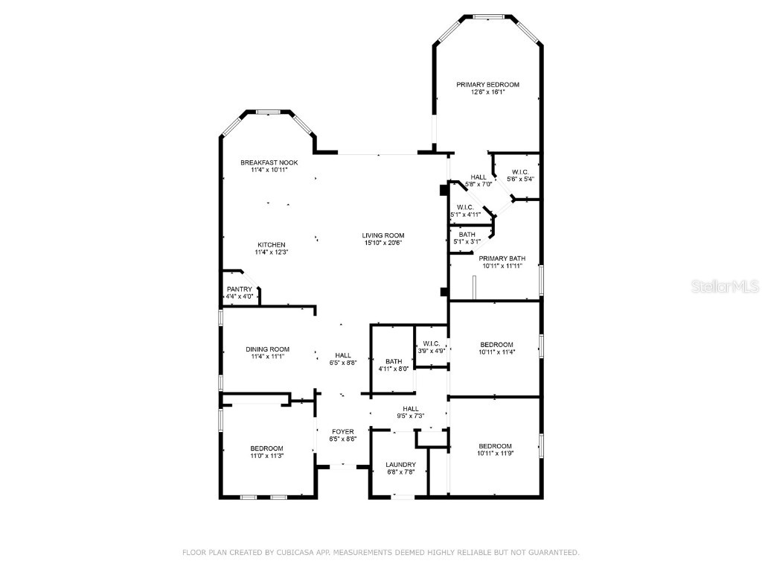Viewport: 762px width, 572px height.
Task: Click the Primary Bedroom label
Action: coord(487,84)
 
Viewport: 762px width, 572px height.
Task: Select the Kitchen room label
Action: coord(271,245)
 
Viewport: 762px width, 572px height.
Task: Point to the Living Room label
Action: coord(383,235)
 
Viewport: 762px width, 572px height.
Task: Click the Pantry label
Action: coord(240,289)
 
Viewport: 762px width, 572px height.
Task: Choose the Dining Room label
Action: coord(267,349)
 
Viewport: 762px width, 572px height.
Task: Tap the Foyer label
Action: coord(342,431)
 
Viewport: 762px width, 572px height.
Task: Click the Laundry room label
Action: coord(400,464)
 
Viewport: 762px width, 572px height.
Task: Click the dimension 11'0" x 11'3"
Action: coord(266,456)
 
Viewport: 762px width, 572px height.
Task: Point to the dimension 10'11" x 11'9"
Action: coord(495,453)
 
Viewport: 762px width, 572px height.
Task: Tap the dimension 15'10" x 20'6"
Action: coord(383,244)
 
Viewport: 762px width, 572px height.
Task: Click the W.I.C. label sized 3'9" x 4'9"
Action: coord(429,344)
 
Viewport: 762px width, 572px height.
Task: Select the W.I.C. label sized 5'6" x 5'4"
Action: coord(521,172)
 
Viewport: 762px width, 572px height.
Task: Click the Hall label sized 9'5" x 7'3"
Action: coord(411,409)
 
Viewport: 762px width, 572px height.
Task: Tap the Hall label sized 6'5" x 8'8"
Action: coord(342,355)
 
